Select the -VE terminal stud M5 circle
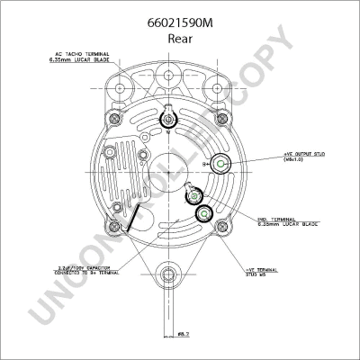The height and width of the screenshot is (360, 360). (204, 212)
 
